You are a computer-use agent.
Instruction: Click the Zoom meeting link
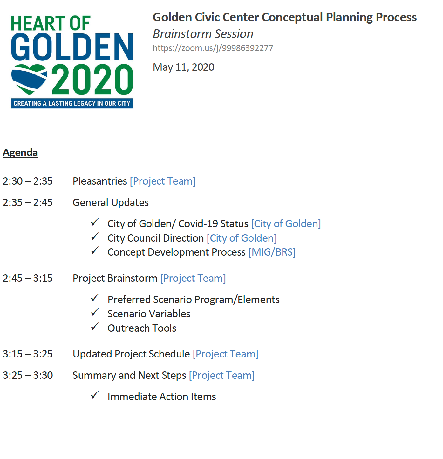(x=213, y=48)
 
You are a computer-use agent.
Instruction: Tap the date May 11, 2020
(x=183, y=67)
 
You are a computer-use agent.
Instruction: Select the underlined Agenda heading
(x=20, y=152)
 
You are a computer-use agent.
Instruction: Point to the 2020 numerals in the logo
(x=92, y=79)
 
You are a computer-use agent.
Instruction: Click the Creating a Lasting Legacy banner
(x=72, y=103)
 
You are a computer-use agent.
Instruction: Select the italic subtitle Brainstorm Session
(x=203, y=34)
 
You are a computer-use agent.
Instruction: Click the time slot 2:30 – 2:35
(x=28, y=181)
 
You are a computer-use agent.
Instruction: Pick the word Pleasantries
(x=100, y=181)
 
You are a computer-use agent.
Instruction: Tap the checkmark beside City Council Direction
(x=95, y=237)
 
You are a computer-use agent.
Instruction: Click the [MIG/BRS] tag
(x=272, y=252)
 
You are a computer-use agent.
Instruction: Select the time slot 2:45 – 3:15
(x=28, y=278)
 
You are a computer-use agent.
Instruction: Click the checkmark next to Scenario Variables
(x=95, y=312)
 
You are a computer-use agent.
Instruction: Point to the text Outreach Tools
(x=142, y=328)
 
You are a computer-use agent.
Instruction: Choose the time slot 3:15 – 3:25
(x=28, y=354)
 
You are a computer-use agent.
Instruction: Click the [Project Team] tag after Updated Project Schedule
(x=225, y=354)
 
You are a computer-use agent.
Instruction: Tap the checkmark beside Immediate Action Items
(x=95, y=395)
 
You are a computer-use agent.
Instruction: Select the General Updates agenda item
(x=111, y=203)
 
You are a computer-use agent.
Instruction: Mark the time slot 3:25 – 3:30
(x=28, y=375)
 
